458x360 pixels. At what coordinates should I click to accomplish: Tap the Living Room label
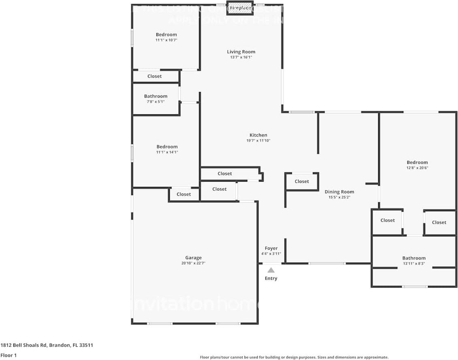point(241,52)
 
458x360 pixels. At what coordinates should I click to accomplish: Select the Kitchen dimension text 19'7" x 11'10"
point(258,141)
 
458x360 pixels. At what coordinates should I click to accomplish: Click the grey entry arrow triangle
point(271,270)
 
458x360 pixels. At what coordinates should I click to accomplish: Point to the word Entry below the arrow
point(271,279)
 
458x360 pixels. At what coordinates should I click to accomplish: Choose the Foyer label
point(271,249)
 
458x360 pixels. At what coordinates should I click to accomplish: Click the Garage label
point(193,258)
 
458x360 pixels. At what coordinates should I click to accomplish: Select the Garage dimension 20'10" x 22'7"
point(193,264)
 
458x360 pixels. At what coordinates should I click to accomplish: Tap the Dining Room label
point(339,192)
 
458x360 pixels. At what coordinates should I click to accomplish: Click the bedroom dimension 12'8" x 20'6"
point(417,168)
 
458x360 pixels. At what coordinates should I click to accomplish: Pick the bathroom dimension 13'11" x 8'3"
point(414,264)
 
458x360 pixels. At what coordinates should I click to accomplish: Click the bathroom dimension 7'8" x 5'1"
point(156,102)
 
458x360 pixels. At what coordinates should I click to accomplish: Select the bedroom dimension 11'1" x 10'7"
point(166,40)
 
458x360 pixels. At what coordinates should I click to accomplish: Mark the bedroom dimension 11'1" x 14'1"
point(167,152)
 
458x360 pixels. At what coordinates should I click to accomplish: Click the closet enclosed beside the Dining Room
point(302,182)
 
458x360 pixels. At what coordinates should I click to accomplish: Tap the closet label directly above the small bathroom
point(154,76)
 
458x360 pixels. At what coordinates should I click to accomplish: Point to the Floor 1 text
point(9,355)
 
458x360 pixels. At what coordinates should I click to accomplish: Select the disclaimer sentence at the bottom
point(294,357)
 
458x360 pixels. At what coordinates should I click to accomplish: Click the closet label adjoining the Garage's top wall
point(184,195)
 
